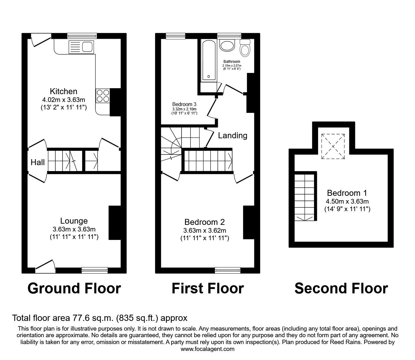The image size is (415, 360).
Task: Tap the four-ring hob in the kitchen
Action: (x=103, y=96)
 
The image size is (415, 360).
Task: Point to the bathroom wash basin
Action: (x=226, y=45)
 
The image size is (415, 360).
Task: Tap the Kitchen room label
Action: (x=63, y=91)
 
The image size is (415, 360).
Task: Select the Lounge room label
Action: (x=74, y=221)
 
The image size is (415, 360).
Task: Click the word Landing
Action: (x=232, y=135)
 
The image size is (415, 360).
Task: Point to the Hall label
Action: (x=37, y=162)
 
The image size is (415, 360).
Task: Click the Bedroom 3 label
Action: (x=184, y=104)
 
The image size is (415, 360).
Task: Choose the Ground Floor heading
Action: (x=74, y=288)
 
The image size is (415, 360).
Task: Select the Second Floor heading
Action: (x=341, y=288)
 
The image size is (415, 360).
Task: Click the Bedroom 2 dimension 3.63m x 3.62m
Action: (x=205, y=231)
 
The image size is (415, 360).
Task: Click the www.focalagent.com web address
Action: (x=207, y=349)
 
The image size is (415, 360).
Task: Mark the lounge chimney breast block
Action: (x=114, y=223)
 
